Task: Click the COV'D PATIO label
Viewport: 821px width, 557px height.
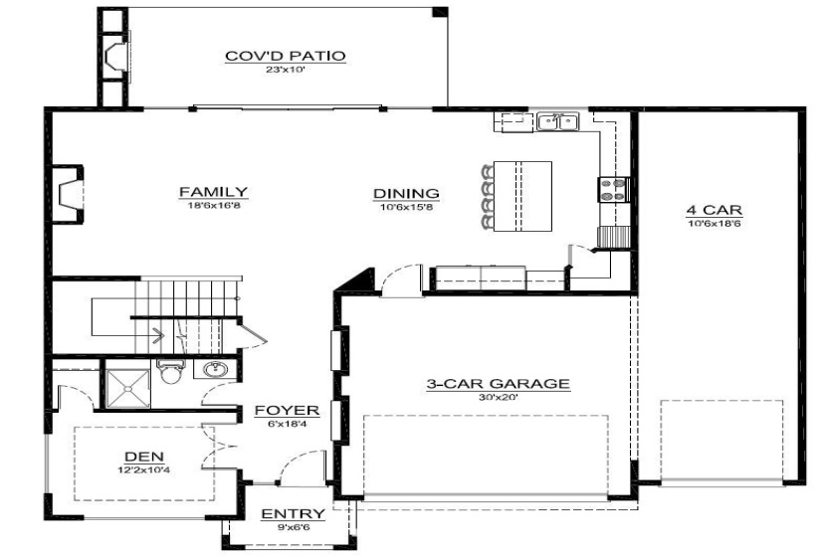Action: coord(286,56)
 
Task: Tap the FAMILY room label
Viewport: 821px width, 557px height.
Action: coord(213,192)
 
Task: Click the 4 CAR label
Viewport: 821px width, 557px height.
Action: coord(714,210)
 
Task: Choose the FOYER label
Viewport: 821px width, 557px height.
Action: coord(286,410)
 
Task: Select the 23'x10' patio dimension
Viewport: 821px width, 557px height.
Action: coord(286,70)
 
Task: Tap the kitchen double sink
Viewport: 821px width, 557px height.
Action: coord(558,122)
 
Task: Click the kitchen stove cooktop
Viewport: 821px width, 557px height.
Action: coord(610,189)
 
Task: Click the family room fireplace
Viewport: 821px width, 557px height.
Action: coord(68,193)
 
